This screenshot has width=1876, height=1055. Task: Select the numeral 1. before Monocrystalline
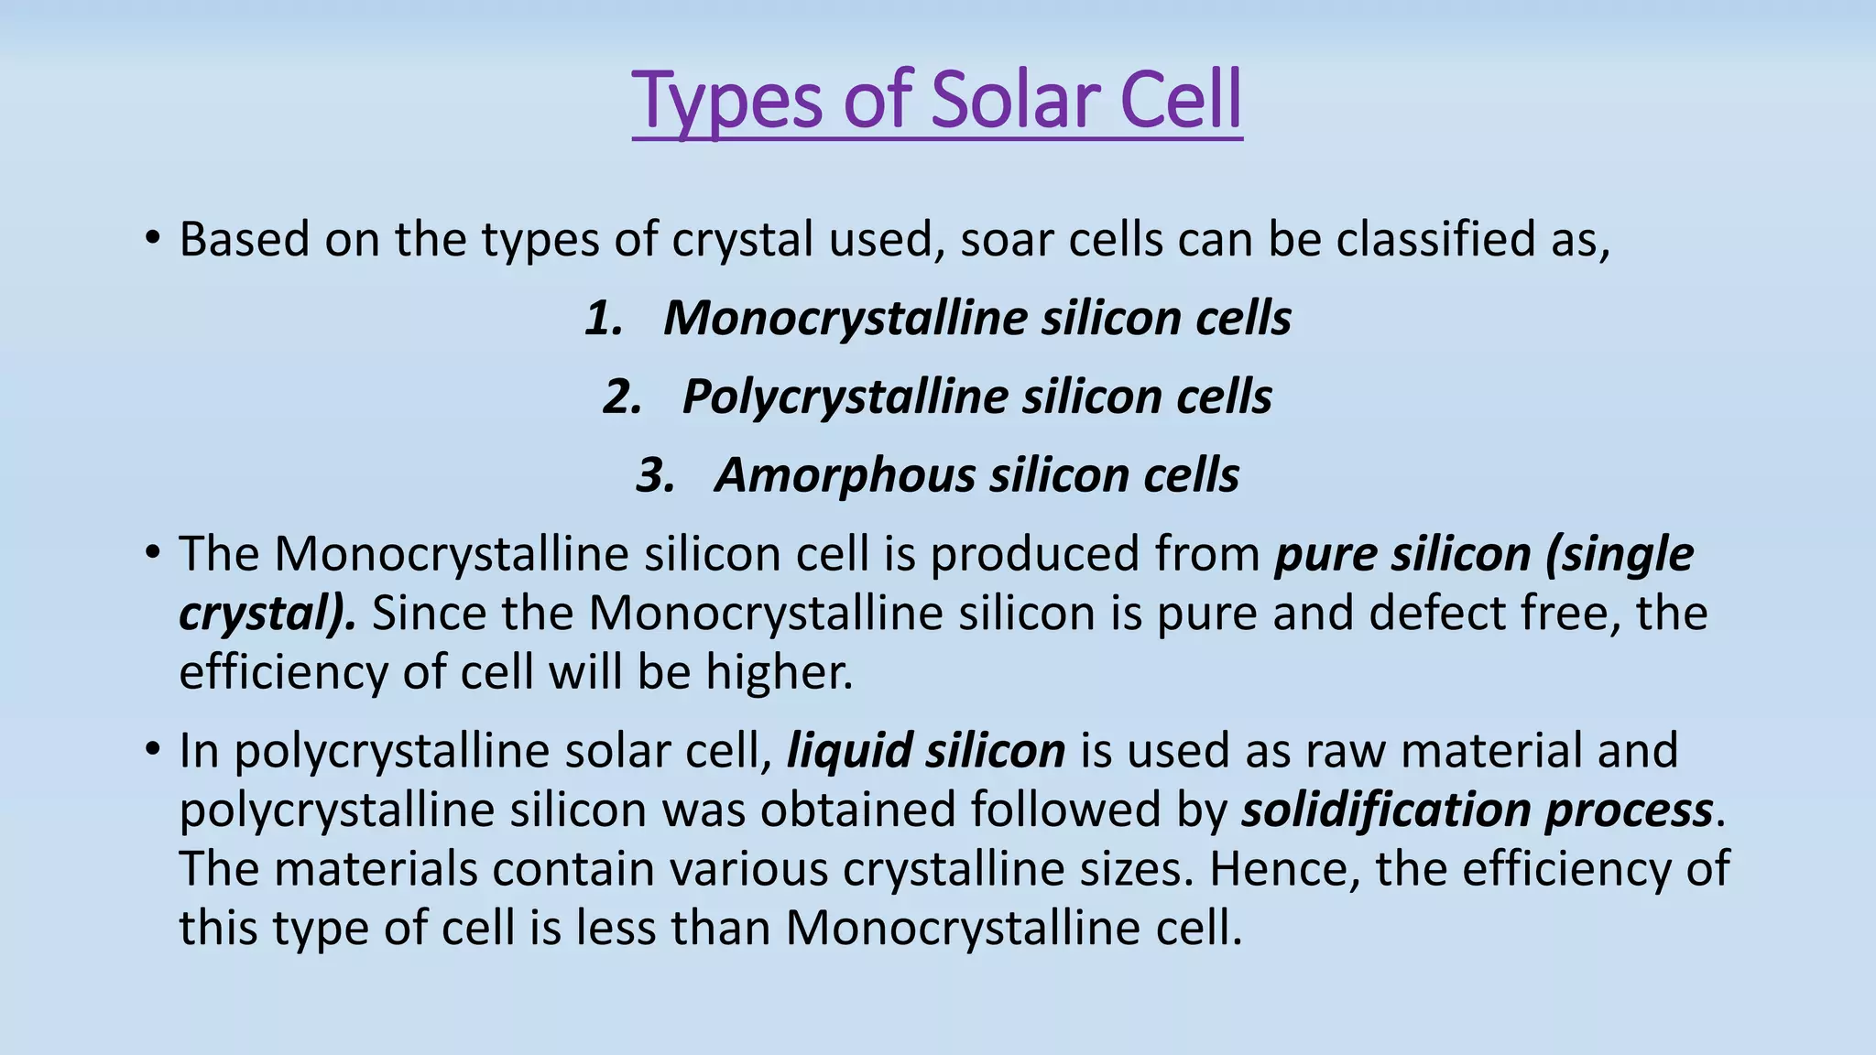(605, 319)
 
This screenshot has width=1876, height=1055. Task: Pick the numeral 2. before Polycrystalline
(622, 397)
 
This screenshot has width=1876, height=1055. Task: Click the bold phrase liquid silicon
(926, 751)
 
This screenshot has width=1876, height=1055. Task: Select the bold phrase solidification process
(1477, 810)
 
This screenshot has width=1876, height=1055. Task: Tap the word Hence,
(1284, 868)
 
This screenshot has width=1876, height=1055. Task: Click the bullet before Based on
(153, 240)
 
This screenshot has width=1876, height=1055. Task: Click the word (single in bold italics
(1619, 555)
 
